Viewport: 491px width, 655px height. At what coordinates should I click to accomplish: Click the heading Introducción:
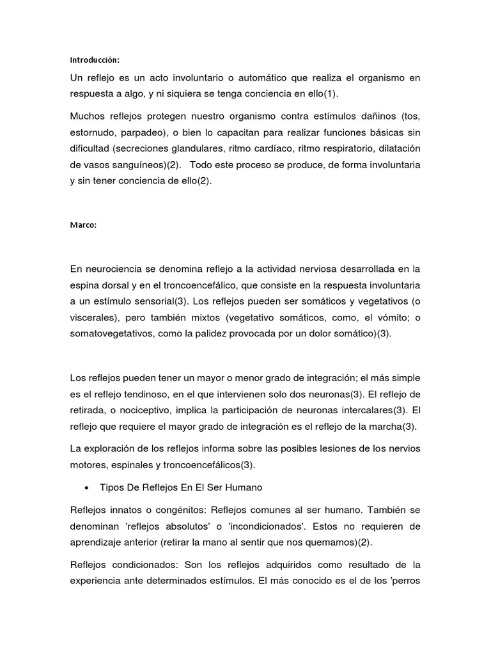click(95, 60)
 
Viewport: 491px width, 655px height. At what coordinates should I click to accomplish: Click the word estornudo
click(96, 132)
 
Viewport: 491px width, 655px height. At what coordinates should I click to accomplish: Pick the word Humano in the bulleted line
click(242, 487)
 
